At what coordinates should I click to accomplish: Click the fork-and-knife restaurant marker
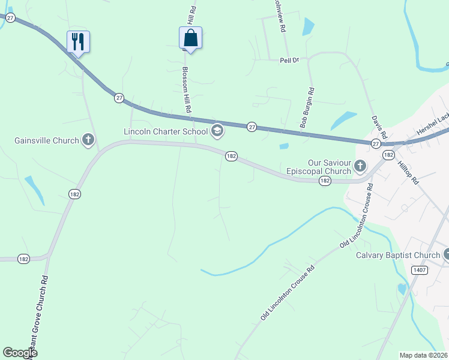[x=78, y=41]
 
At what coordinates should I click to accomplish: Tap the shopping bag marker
[x=190, y=38]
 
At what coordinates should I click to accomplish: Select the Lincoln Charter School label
[x=166, y=131]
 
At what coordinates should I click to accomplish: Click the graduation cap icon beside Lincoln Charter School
[x=217, y=131]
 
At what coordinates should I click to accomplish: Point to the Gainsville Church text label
[x=47, y=141]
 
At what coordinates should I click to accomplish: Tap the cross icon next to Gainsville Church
[x=88, y=141]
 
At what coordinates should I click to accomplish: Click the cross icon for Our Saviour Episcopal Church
[x=360, y=165]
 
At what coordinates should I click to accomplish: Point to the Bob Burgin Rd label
[x=307, y=108]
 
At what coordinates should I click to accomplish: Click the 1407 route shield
[x=420, y=270]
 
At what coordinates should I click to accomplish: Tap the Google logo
[x=20, y=352]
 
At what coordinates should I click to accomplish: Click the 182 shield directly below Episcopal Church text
[x=325, y=181]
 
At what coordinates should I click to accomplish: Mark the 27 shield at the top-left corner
[x=10, y=18]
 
